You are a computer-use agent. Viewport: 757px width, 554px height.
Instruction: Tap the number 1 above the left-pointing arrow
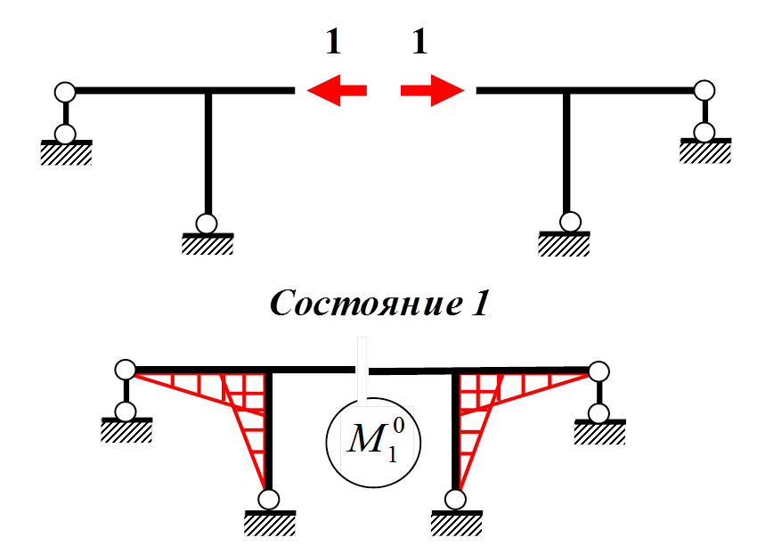pyautogui.click(x=333, y=41)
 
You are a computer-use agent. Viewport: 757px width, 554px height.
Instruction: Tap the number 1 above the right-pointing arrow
pyautogui.click(x=419, y=41)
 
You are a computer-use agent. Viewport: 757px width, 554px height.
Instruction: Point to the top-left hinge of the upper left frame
pyautogui.click(x=64, y=91)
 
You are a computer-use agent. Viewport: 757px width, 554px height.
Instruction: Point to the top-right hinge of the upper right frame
pyautogui.click(x=704, y=91)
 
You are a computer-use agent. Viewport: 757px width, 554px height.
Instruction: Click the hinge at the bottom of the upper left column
pyautogui.click(x=207, y=223)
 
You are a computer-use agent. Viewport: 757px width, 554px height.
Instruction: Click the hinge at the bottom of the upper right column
pyautogui.click(x=571, y=222)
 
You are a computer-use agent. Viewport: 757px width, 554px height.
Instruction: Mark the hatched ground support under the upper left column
pyautogui.click(x=208, y=244)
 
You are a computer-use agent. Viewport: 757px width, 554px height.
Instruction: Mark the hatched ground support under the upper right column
pyautogui.click(x=565, y=244)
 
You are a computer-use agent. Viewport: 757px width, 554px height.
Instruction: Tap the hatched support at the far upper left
pyautogui.click(x=66, y=154)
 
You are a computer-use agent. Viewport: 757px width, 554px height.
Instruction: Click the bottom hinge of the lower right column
pyautogui.click(x=456, y=499)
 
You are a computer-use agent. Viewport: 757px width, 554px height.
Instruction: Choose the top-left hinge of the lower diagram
pyautogui.click(x=126, y=369)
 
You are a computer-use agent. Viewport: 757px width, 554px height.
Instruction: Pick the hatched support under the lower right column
pyautogui.click(x=457, y=524)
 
